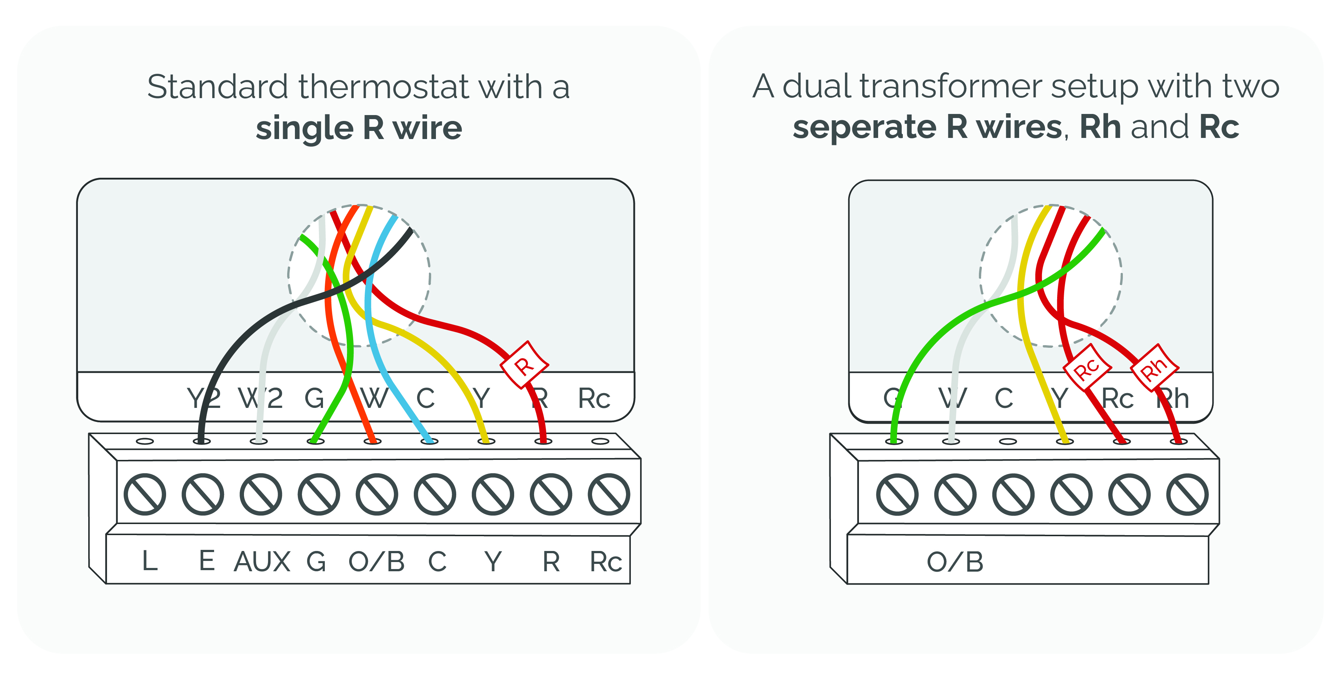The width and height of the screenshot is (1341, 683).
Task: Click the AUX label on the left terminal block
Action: (x=262, y=562)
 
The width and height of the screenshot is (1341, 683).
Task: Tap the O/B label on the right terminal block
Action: (x=955, y=562)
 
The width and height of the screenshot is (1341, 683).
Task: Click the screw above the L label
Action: (x=145, y=494)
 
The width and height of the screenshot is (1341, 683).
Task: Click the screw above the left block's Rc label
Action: (x=609, y=494)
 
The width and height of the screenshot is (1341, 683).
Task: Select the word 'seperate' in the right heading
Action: (x=864, y=128)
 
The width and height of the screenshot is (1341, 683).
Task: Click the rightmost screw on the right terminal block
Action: (x=1187, y=494)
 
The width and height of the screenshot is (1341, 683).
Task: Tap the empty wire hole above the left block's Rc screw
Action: (x=600, y=441)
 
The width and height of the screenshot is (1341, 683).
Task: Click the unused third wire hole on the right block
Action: (x=1007, y=441)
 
